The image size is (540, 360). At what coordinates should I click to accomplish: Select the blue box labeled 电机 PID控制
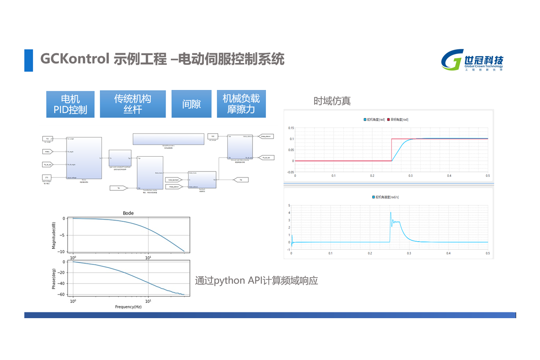click(70, 104)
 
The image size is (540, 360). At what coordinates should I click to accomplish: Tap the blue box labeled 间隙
click(191, 104)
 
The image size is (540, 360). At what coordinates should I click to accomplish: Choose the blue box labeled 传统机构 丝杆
click(132, 104)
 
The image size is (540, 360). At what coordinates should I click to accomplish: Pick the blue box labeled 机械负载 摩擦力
click(241, 104)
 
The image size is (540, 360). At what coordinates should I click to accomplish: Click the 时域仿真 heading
click(332, 101)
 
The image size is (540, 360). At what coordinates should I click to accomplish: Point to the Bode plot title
click(128, 213)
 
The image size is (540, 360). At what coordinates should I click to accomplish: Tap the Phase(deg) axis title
click(54, 279)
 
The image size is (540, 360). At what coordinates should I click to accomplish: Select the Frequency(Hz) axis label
click(128, 306)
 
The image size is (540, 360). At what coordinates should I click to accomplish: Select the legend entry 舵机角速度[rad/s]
click(390, 198)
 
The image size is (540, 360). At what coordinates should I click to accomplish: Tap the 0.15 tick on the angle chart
click(290, 128)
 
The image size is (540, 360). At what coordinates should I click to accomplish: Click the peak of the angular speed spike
click(391, 212)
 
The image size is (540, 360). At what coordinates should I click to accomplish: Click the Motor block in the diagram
click(84, 157)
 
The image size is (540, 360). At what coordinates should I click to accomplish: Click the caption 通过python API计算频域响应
click(256, 280)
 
